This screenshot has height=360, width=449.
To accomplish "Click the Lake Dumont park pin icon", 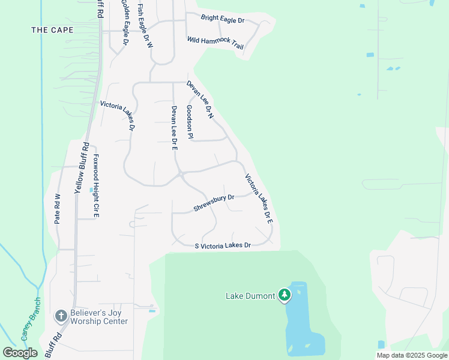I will point(285,295).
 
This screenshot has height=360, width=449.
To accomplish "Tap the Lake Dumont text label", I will point(250,296).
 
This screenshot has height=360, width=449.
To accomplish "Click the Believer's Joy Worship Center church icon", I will point(60,316).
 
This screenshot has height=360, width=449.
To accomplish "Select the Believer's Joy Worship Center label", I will point(99,317).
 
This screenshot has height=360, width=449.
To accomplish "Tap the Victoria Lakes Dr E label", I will point(259,199).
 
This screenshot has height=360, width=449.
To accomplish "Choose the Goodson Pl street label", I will point(190,122).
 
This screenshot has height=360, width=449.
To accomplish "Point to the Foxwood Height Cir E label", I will point(95,186).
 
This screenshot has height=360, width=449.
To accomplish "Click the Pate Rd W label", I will point(58,209).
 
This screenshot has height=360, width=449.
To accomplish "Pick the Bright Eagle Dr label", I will point(223,20).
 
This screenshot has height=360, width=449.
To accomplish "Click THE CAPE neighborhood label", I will point(52,29).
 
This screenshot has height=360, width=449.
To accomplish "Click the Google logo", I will point(20,353).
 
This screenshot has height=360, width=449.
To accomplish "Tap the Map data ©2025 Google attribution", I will point(412,355).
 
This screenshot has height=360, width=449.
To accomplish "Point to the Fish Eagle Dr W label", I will point(145,26).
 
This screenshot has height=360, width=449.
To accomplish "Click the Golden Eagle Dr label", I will point(125,23).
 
